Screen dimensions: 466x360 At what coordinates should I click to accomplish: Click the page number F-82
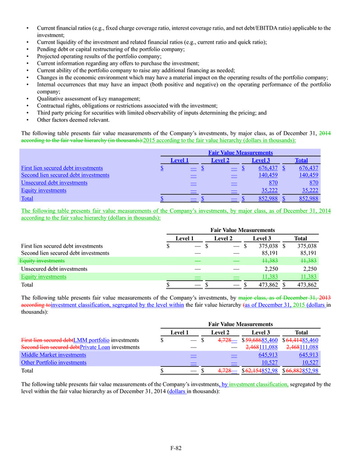[176, 448]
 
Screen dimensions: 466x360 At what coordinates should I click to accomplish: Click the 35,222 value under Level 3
[268, 191]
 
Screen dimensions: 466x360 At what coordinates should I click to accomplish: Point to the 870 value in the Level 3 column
[272, 183]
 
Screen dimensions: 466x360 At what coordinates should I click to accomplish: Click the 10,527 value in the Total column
[309, 363]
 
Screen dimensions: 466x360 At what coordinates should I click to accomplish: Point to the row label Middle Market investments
[54, 355]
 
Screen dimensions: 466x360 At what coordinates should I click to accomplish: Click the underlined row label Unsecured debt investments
[55, 183]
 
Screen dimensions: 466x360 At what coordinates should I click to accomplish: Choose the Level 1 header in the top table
[179, 160]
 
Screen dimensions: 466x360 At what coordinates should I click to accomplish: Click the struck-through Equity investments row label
[43, 261]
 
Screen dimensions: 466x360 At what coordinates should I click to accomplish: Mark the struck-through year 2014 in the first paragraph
[325, 133]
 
